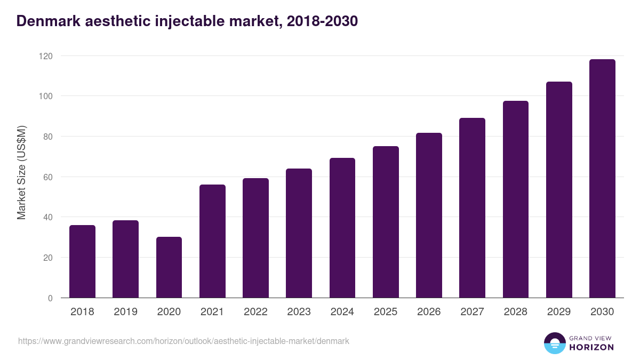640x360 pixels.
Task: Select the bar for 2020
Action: (169, 267)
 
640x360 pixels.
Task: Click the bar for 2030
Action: (602, 179)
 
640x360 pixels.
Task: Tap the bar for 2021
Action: (212, 241)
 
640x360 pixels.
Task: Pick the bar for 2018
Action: (82, 261)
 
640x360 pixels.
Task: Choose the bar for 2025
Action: (386, 222)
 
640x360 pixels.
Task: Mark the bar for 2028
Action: (515, 199)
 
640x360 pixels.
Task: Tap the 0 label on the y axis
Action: (50, 298)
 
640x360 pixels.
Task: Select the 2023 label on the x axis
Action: (299, 312)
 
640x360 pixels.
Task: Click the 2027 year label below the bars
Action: (472, 312)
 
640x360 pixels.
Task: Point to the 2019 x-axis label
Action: (125, 312)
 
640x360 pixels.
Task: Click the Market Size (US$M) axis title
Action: (22, 173)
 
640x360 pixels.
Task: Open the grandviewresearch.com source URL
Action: (183, 341)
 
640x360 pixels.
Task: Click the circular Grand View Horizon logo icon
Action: (554, 343)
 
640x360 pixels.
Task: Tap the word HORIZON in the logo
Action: (591, 347)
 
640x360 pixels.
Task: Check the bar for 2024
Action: (342, 228)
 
